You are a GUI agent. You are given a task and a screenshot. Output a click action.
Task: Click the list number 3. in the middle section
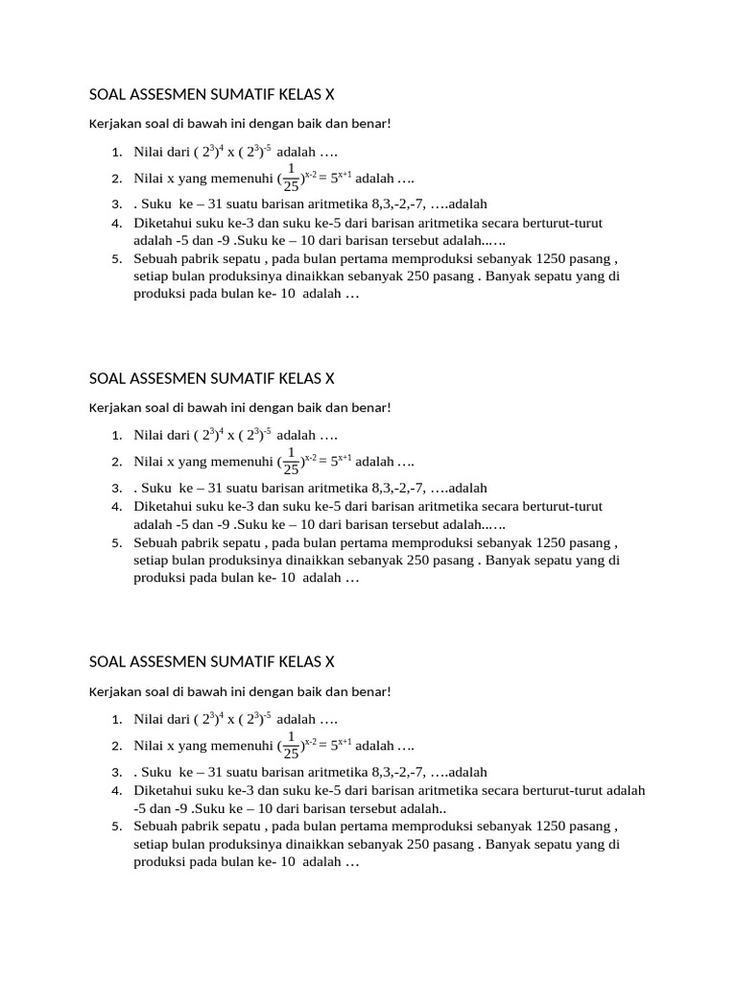tap(115, 488)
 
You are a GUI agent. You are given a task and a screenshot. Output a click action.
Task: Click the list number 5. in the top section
tap(115, 258)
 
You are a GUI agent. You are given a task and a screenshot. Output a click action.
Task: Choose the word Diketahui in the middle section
tap(164, 506)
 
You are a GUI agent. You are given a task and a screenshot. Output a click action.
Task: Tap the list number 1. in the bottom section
tap(115, 719)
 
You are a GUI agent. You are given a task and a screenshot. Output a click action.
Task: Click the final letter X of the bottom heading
tap(329, 661)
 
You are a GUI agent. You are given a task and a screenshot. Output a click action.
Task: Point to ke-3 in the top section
tap(236, 223)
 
